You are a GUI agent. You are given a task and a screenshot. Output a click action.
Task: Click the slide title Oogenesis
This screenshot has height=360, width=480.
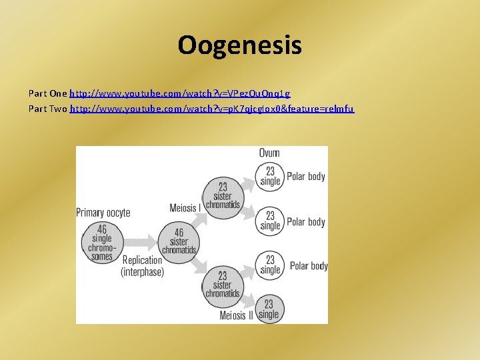click(239, 45)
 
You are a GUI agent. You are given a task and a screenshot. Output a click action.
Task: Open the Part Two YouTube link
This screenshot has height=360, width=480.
click(212, 108)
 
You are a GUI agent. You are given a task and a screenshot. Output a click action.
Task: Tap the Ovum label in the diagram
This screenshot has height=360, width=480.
click(269, 153)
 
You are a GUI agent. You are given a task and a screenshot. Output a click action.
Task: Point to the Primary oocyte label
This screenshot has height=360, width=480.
click(103, 213)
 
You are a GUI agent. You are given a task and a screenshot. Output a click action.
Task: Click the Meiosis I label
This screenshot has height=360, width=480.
click(184, 208)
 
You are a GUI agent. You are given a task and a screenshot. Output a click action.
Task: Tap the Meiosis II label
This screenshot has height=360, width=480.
click(237, 315)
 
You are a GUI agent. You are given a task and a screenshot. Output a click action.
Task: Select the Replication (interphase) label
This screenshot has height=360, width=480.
click(142, 265)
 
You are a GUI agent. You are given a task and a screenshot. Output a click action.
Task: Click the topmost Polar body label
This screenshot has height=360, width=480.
click(306, 177)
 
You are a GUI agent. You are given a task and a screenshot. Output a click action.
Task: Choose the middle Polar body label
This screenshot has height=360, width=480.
click(306, 222)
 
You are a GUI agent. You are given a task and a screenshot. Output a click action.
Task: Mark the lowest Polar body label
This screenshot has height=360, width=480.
click(309, 266)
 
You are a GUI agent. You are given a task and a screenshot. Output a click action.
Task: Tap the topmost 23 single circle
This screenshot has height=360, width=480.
click(270, 176)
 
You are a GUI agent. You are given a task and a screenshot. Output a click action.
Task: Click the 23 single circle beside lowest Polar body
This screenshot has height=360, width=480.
click(270, 265)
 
